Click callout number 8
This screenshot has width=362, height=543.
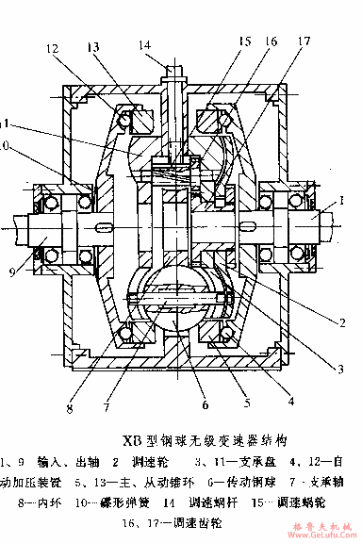click(x=70, y=408)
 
